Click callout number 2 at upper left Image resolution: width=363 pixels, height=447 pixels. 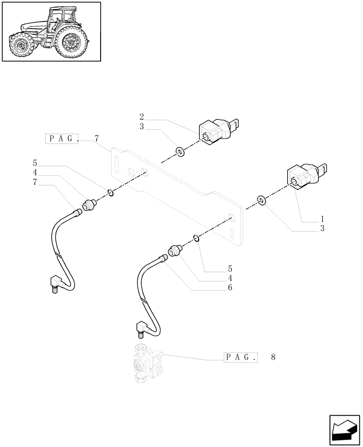pos(141,117)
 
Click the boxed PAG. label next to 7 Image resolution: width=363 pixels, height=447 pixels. pos(62,139)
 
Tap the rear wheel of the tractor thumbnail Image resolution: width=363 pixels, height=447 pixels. pos(70,44)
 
